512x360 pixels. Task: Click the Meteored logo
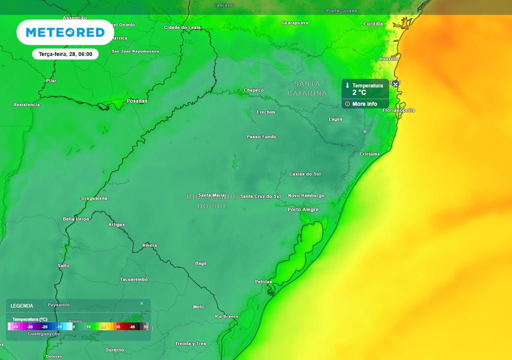click(65, 32)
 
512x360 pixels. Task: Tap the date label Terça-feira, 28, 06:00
click(65, 54)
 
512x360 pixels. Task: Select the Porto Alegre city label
click(302, 209)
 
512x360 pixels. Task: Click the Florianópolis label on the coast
click(398, 110)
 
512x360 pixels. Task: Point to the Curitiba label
click(373, 24)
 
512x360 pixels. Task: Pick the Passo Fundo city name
click(261, 137)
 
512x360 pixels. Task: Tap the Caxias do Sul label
click(305, 174)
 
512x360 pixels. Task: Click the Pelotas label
click(263, 282)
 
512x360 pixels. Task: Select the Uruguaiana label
click(94, 198)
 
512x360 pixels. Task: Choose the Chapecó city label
click(253, 90)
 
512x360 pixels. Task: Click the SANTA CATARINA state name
click(307, 88)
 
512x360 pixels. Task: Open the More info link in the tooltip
click(364, 104)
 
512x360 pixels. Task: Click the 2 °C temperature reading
click(359, 92)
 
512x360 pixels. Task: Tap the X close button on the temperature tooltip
click(395, 84)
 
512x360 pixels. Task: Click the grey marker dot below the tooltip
click(365, 131)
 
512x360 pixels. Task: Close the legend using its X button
click(141, 303)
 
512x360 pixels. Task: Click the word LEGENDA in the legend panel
click(22, 305)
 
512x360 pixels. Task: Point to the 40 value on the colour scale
click(132, 326)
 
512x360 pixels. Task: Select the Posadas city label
click(137, 101)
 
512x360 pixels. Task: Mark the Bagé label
click(200, 263)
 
